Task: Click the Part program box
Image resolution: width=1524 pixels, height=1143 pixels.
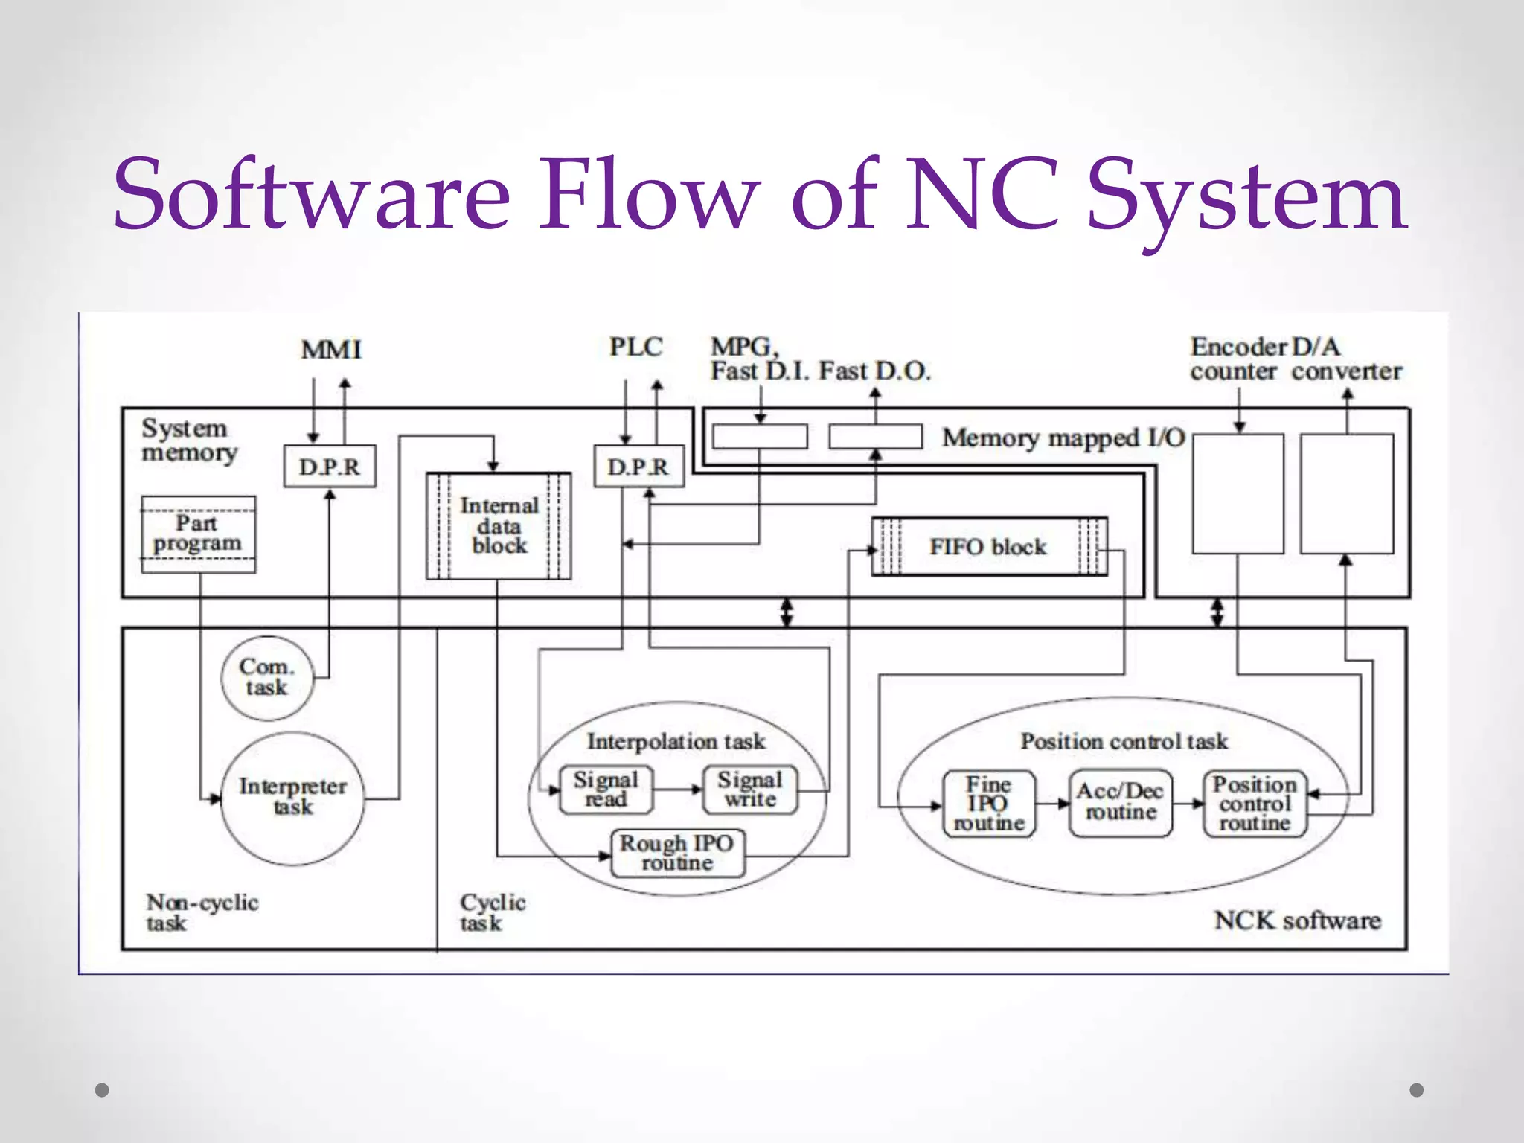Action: tap(198, 534)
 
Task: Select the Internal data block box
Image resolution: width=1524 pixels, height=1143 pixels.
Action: tap(499, 526)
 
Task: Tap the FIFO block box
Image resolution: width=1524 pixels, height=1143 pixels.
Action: tap(988, 547)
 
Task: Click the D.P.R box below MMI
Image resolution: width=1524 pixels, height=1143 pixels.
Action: tap(329, 467)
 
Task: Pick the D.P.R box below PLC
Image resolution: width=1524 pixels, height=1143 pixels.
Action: tap(638, 467)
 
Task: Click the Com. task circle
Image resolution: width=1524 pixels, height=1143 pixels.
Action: tap(266, 677)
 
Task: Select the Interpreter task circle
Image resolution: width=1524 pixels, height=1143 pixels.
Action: tap(292, 797)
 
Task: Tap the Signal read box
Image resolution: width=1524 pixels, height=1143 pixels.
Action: tap(606, 790)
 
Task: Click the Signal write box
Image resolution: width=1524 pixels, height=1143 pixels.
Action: tap(750, 790)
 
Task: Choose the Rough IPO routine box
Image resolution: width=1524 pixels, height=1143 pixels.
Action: tap(677, 853)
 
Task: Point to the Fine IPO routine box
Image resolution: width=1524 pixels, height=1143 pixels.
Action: tap(988, 804)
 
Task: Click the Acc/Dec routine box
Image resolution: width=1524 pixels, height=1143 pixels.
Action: tap(1120, 802)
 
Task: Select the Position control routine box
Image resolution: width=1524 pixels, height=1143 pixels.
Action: tap(1255, 804)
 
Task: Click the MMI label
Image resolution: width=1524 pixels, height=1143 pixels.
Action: tap(331, 350)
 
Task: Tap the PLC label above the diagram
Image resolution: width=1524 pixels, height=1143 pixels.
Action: tap(635, 347)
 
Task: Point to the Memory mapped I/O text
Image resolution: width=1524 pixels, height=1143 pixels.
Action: tap(1063, 438)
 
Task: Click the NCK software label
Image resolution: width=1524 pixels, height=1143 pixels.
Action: tap(1297, 921)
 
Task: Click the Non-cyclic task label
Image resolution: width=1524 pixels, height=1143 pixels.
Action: tap(202, 912)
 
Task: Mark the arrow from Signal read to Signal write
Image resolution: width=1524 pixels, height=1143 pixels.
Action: tap(678, 790)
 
